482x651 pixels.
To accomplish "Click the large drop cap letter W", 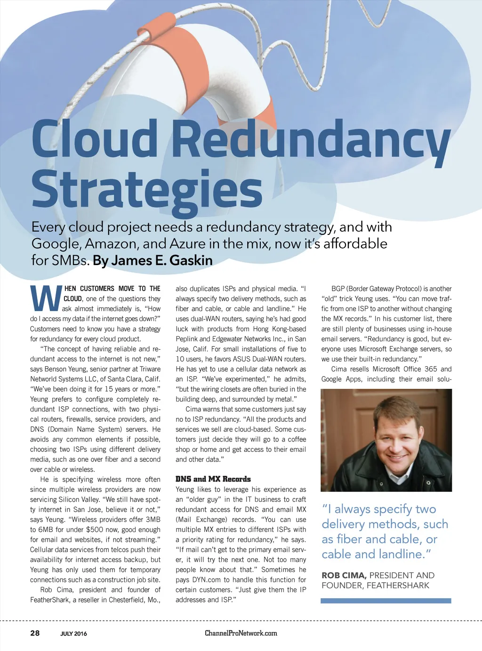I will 46,298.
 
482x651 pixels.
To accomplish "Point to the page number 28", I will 35,633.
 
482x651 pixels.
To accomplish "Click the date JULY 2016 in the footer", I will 73,634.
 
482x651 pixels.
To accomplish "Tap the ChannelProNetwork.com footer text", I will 241,633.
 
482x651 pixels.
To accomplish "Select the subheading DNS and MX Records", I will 213,479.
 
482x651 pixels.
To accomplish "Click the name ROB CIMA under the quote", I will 344,575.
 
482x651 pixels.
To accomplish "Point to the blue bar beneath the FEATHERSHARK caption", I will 386,601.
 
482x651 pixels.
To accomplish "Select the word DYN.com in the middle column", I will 206,579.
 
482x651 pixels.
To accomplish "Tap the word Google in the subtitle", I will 52,244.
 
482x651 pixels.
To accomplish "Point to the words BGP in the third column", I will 338,289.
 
